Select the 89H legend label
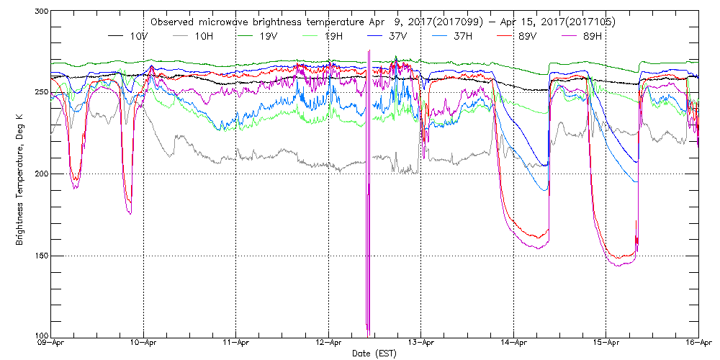[x=607, y=35]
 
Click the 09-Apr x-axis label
[x=52, y=345]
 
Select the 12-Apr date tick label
[x=328, y=345]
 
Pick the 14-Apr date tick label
[x=513, y=345]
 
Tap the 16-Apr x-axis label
[x=698, y=345]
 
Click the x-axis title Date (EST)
[x=374, y=354]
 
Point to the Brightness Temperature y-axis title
[x=19, y=174]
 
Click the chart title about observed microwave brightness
[x=383, y=22]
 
